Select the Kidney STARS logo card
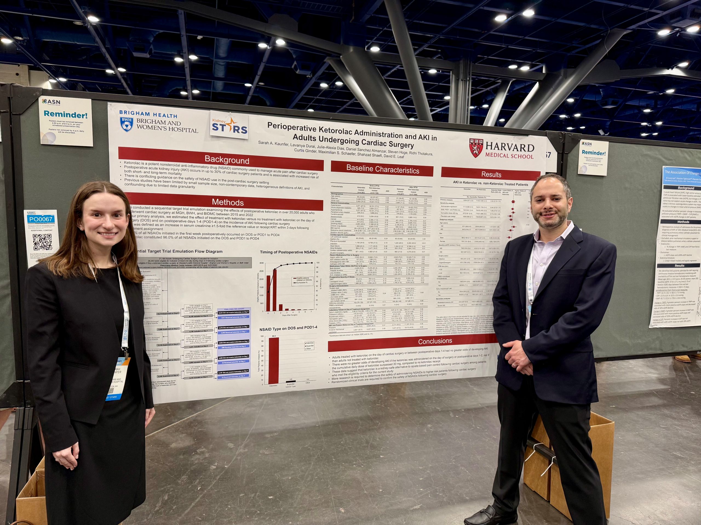pos(229,125)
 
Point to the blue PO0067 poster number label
pos(41,219)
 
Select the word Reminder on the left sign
pos(66,114)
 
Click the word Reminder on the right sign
pos(594,153)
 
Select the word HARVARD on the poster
pos(509,147)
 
